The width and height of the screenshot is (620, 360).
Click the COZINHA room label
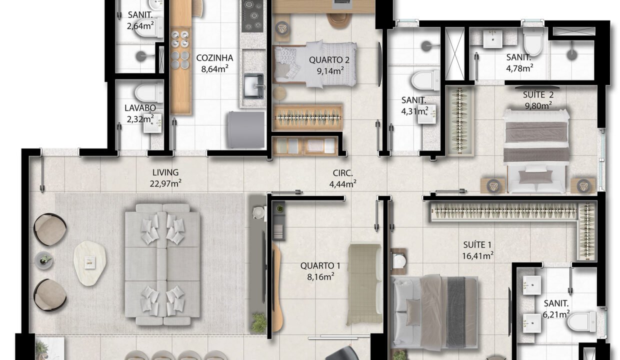point(214,58)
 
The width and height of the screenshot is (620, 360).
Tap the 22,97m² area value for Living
point(165,183)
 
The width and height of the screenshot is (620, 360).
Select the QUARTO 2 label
point(329,60)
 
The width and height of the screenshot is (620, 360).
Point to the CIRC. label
point(342,173)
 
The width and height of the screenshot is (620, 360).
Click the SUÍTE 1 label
point(477,245)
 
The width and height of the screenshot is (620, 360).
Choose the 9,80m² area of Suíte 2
point(538,105)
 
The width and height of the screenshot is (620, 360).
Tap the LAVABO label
point(140,108)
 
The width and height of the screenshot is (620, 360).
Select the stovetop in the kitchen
point(252,16)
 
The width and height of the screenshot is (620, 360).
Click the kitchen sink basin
point(254,86)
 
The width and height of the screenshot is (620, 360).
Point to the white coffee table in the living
point(90,263)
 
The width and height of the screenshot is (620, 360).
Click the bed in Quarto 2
point(314,64)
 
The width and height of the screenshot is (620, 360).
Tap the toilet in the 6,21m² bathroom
point(581,321)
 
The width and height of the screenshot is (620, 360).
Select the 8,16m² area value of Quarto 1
point(320,276)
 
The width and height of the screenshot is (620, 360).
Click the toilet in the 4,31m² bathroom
point(425,80)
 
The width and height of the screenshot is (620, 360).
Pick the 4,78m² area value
point(520,68)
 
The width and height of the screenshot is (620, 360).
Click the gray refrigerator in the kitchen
point(246,129)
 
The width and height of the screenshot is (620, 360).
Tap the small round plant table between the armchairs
point(43,260)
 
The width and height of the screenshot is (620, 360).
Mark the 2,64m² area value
point(140,26)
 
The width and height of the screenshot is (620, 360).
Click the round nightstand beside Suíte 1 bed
point(399,261)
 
